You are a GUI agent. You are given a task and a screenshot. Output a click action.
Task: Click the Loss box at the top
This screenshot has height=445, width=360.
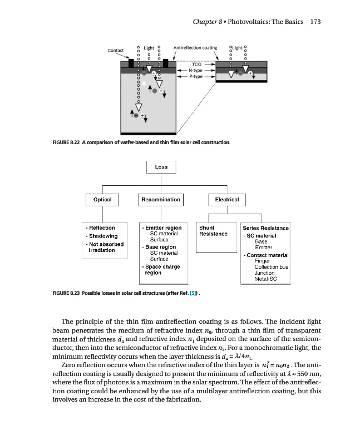161,167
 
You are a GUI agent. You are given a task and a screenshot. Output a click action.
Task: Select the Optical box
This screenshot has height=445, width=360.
102,199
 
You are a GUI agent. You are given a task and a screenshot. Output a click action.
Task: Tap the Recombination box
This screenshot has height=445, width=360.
160,199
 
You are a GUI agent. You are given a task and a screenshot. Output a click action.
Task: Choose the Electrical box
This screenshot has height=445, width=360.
223,199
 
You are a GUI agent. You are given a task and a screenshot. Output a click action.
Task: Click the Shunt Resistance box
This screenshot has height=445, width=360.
213,231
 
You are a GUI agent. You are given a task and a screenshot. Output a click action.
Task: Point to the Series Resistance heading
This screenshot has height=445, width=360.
266,228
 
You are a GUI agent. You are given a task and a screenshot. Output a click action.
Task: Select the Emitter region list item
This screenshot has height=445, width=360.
162,228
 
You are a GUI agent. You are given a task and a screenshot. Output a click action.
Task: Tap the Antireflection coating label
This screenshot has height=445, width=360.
195,48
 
